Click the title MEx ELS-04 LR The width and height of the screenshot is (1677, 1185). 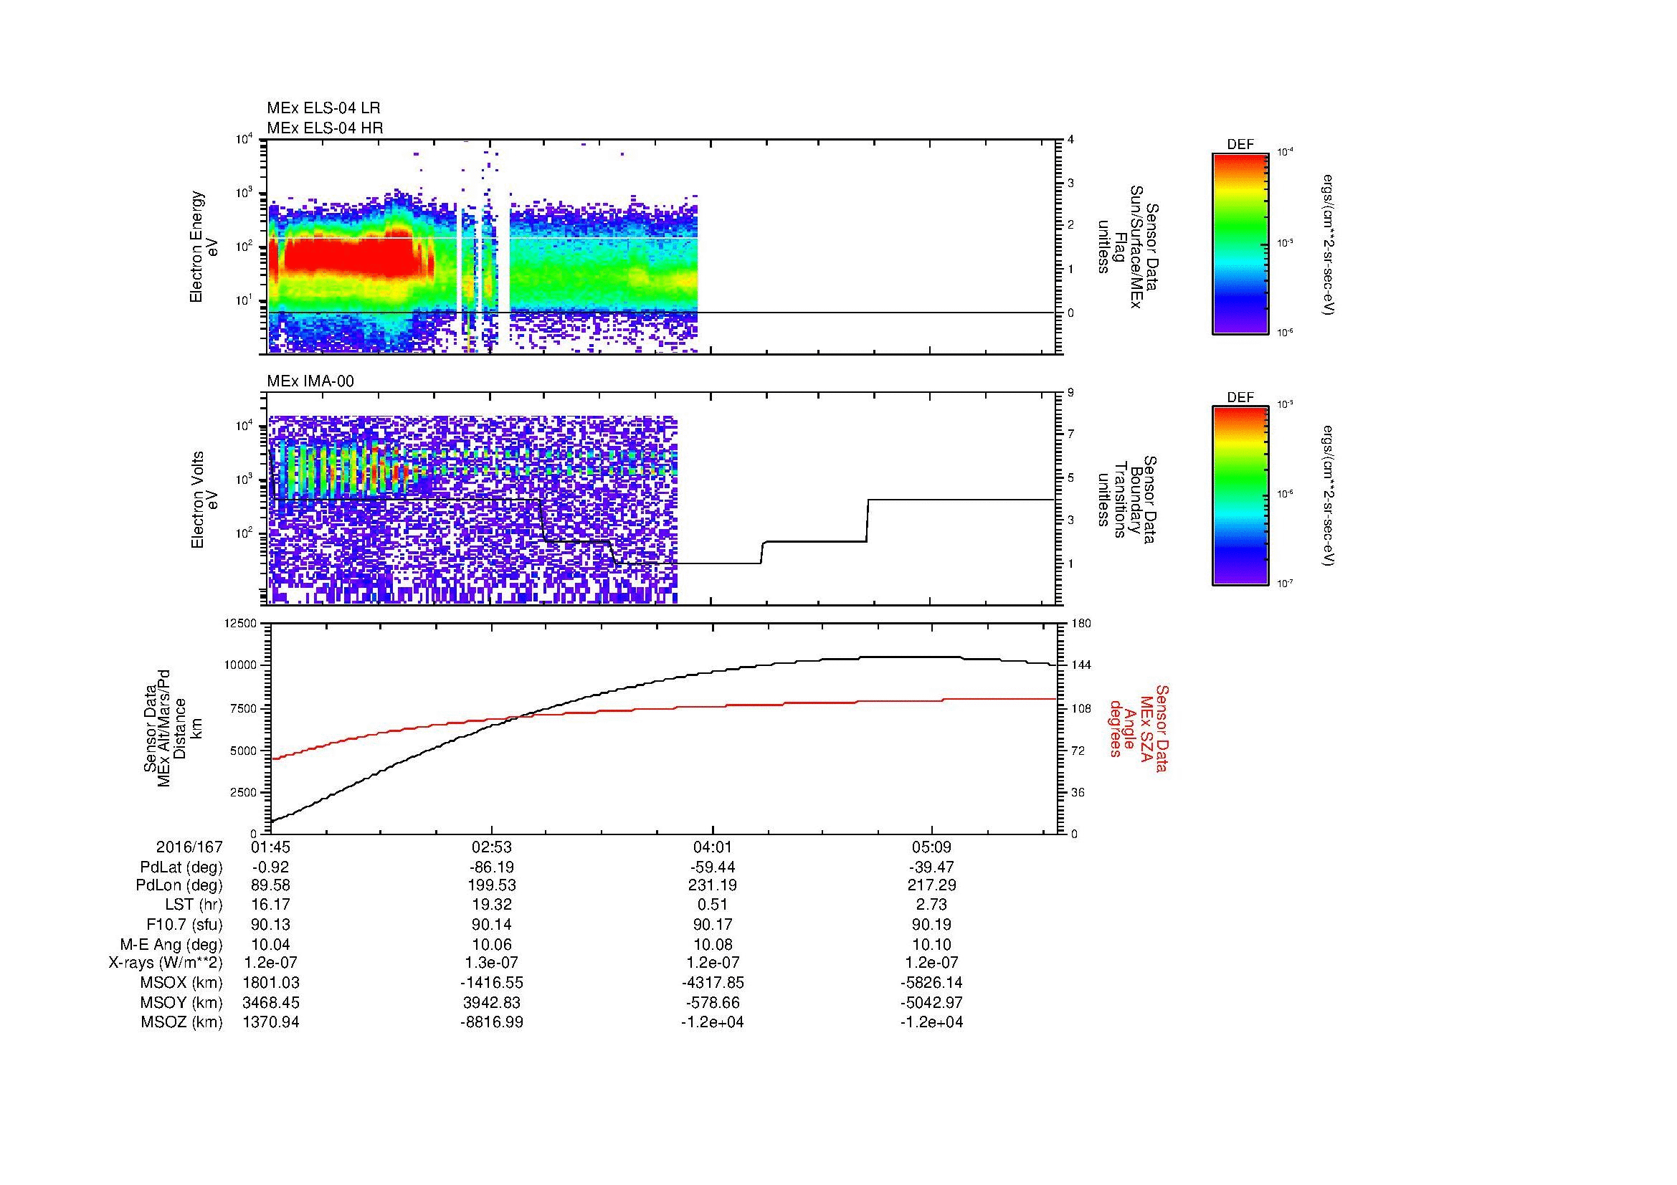(323, 108)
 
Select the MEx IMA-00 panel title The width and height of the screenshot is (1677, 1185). (310, 381)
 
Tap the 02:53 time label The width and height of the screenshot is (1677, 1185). (492, 847)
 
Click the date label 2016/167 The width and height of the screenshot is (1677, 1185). (189, 847)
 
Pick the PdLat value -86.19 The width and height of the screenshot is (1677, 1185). (492, 867)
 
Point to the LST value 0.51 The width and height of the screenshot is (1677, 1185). (712, 905)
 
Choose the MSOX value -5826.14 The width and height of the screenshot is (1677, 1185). (932, 983)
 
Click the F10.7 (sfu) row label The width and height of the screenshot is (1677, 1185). (184, 924)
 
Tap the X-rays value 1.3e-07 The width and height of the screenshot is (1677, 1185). (492, 963)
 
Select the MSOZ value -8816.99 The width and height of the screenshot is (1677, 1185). (492, 1022)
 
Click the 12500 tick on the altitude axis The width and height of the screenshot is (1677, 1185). (240, 624)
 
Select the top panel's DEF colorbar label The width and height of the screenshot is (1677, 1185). (1240, 146)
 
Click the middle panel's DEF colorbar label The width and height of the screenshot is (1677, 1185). (1240, 398)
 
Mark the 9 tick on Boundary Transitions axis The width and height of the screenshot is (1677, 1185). (1070, 393)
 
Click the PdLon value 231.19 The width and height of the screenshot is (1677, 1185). (712, 885)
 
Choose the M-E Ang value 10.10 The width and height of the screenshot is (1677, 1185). (932, 944)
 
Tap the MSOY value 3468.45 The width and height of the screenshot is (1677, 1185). (271, 1002)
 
